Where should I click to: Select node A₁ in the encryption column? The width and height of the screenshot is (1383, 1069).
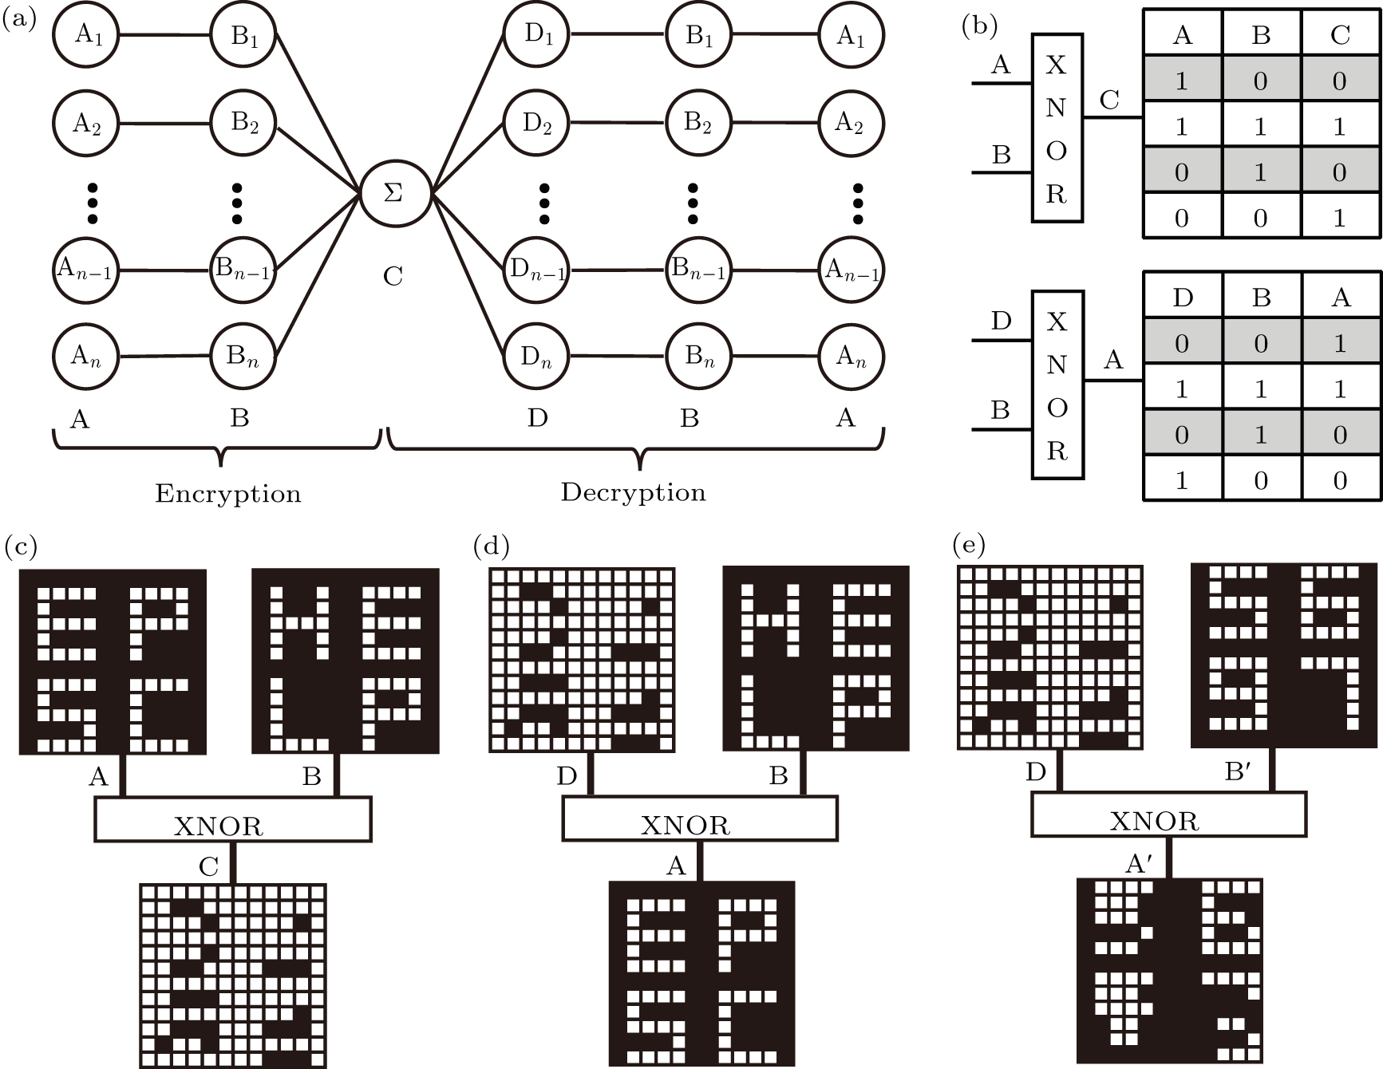(86, 36)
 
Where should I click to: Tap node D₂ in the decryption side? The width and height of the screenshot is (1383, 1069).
(536, 124)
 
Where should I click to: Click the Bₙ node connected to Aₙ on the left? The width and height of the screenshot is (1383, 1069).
(243, 356)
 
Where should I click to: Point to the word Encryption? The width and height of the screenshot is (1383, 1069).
(228, 494)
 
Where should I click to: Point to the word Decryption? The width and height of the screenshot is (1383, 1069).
(633, 492)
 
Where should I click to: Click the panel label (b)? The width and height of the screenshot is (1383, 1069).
(979, 26)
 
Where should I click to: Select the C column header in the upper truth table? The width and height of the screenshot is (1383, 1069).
(1340, 35)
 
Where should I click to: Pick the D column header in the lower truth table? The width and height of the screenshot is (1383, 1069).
(1182, 298)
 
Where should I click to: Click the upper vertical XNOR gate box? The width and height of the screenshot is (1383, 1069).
(1057, 128)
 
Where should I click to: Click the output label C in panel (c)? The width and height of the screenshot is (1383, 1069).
(209, 866)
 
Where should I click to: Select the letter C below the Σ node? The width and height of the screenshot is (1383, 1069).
(393, 277)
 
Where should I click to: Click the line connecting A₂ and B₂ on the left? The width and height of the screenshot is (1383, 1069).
(164, 124)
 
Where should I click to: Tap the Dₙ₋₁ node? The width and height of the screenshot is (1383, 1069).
(536, 271)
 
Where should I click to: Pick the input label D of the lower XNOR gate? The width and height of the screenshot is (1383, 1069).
(1000, 321)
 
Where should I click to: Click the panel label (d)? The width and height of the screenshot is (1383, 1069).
(491, 547)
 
